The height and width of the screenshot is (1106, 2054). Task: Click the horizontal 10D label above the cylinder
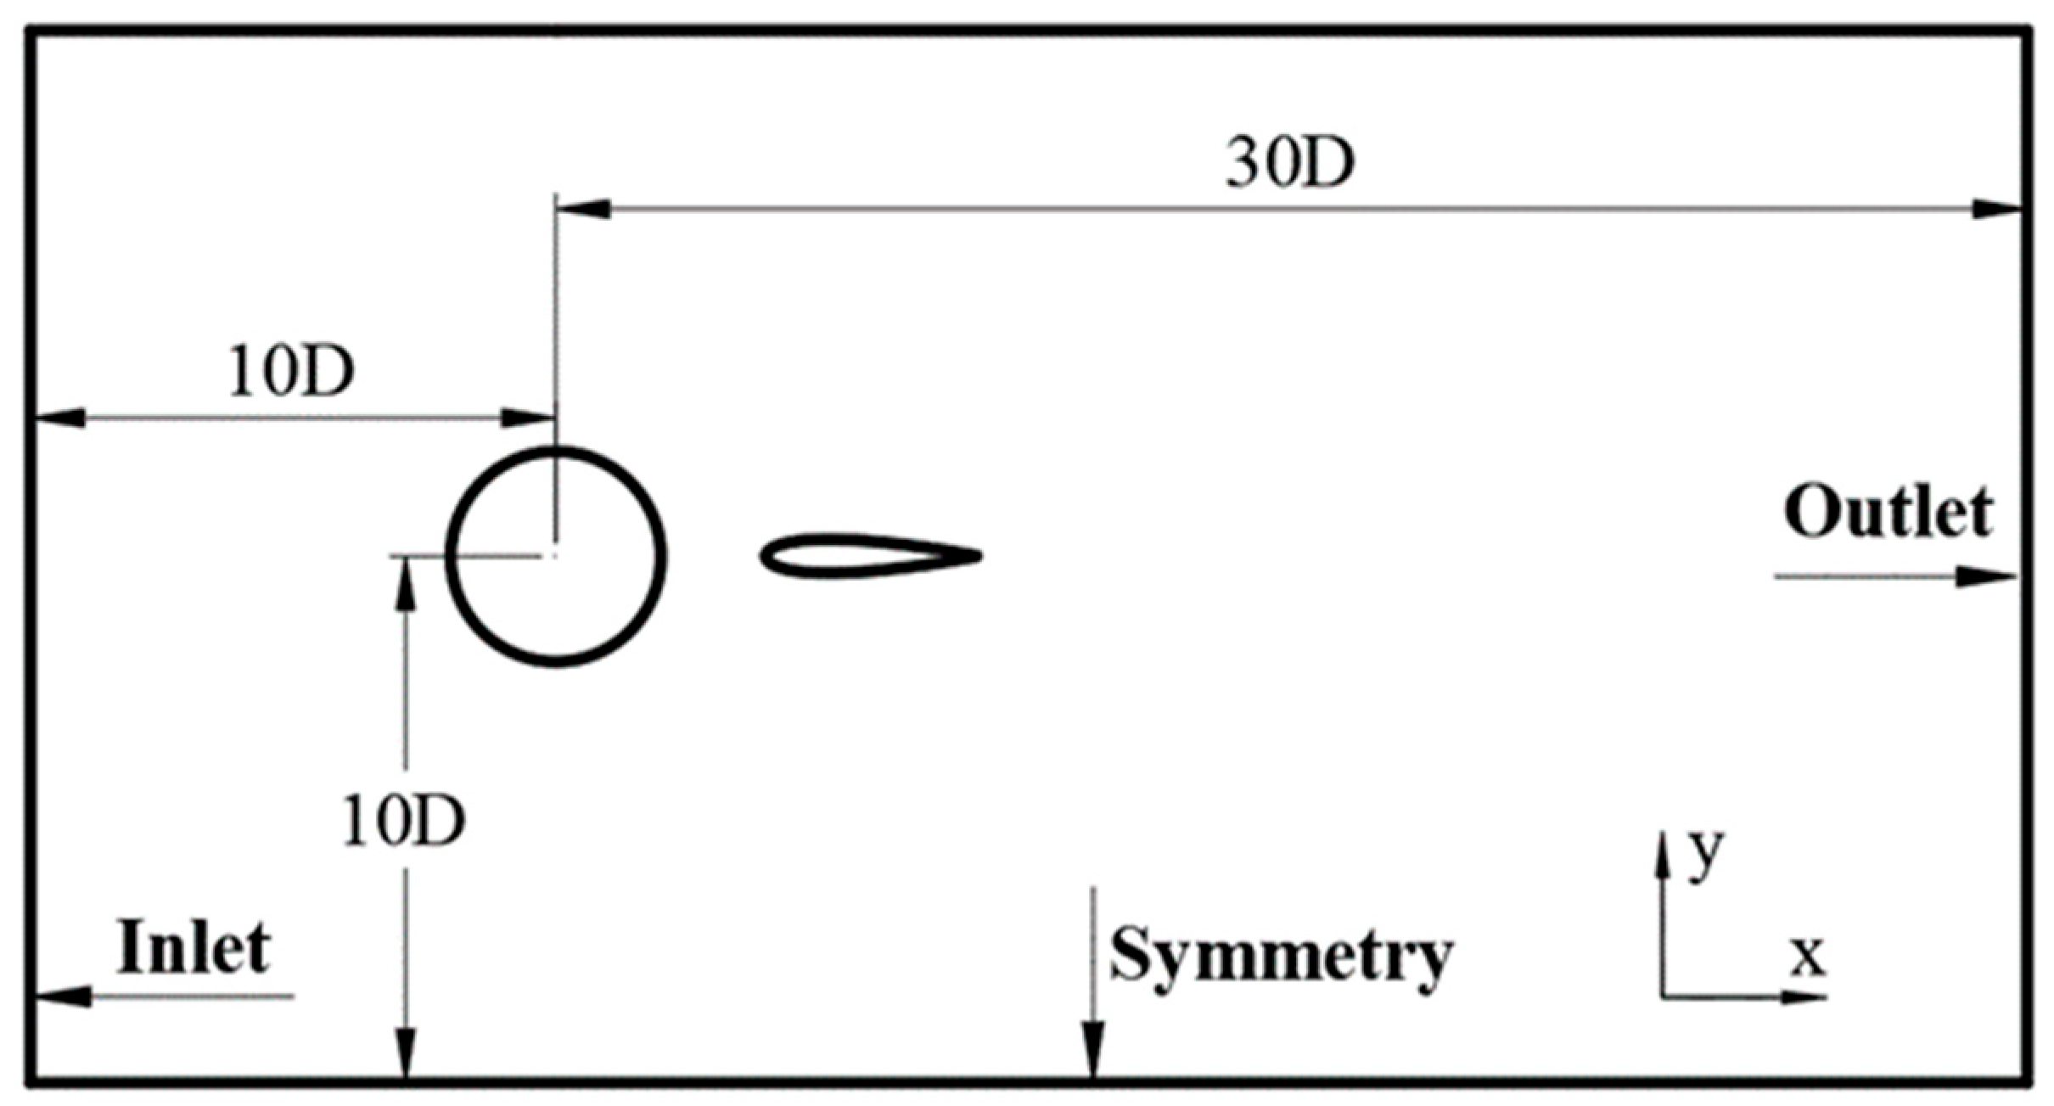click(291, 373)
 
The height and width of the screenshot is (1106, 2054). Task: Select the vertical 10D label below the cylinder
click(404, 821)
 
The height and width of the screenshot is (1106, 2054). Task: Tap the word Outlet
click(1888, 513)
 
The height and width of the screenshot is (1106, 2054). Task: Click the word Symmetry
click(1281, 956)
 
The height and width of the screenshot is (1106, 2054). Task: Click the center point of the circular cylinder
click(555, 557)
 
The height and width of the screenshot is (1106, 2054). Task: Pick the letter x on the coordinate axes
click(1808, 957)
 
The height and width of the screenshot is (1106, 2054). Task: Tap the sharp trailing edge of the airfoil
click(979, 557)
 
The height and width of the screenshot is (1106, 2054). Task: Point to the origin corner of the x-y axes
click(1662, 996)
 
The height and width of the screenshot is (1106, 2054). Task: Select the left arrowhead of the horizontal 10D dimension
click(59, 418)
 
